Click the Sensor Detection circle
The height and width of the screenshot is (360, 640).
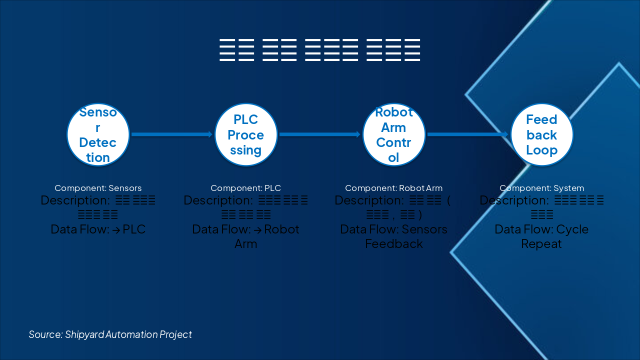coord(98,134)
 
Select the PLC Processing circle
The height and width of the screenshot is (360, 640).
coord(246,134)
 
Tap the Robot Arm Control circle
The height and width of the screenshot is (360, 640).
coord(394,134)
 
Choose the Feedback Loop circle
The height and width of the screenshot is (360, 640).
coord(541,134)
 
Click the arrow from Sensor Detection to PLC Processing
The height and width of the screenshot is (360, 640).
coord(172,134)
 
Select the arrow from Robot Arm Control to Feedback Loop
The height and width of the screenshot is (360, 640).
coord(468,134)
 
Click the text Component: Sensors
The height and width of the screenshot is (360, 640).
coord(98,188)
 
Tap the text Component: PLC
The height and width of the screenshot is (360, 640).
coord(246,188)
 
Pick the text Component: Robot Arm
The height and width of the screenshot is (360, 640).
coord(394,188)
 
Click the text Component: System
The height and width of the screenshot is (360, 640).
coord(541,188)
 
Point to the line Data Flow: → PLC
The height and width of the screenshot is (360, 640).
coord(98,229)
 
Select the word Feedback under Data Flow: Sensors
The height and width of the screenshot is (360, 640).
coord(394,244)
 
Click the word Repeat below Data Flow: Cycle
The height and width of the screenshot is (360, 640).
coord(541,244)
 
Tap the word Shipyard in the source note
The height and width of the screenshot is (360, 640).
coord(84,334)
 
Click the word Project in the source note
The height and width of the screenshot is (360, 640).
coord(175,334)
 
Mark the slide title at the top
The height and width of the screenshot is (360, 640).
coord(320,49)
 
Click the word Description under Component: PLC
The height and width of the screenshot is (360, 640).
coord(216,200)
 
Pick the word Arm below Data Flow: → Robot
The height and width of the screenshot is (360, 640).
coord(246,244)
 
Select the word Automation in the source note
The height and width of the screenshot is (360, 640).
coord(131,334)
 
